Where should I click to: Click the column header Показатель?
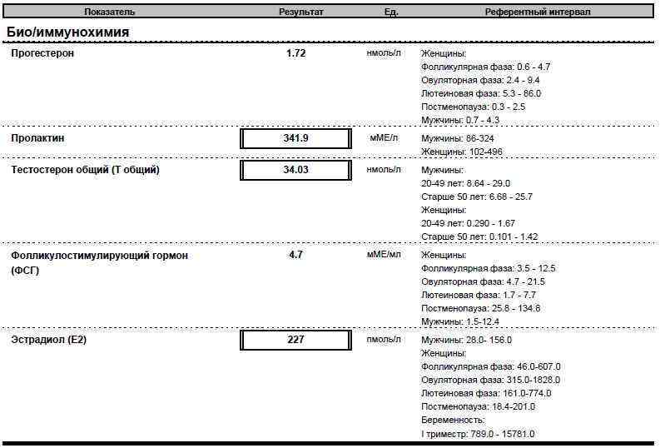coord(109,12)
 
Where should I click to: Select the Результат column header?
coord(300,12)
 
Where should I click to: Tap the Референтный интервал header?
coord(538,12)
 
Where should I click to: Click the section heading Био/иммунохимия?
coord(67,32)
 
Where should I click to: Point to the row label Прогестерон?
coord(42,53)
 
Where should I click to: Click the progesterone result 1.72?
coord(295,53)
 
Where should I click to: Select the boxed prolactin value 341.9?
coord(295,138)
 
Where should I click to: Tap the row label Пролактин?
coord(37,138)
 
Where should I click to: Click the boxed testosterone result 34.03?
coord(295,170)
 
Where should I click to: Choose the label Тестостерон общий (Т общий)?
coord(85,170)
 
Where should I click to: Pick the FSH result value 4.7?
coord(295,255)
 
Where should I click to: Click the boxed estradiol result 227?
coord(295,340)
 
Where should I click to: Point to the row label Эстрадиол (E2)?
coord(49,340)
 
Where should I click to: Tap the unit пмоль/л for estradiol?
coord(384,340)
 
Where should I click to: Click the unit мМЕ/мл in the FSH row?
coord(384,255)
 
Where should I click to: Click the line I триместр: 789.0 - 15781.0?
coord(478,434)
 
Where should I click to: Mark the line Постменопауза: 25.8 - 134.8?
coord(480,308)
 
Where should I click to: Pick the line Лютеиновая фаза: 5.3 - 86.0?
coord(480,93)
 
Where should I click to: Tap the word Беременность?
coord(453,420)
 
